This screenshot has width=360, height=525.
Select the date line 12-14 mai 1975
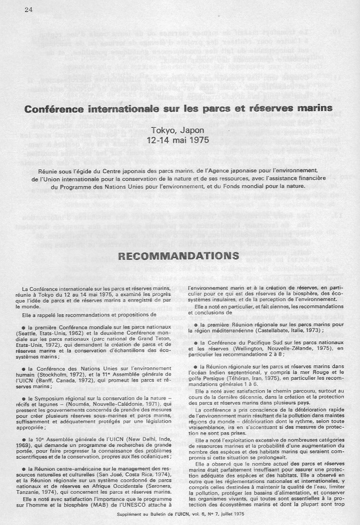click(179, 140)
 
